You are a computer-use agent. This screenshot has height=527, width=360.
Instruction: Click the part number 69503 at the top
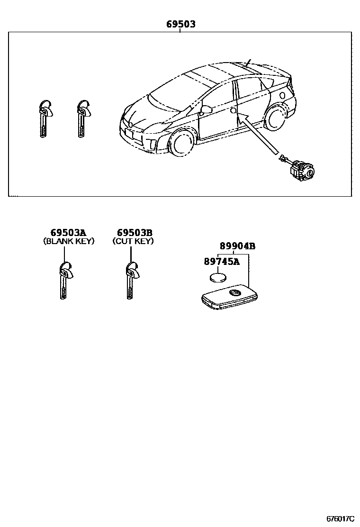[180, 24]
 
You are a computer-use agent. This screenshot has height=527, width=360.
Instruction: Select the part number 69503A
[69, 233]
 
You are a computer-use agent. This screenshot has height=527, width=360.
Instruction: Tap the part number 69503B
[135, 233]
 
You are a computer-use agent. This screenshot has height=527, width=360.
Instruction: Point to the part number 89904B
[237, 246]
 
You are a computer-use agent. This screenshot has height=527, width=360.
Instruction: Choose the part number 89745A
[222, 261]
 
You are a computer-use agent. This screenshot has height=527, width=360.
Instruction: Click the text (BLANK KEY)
[69, 241]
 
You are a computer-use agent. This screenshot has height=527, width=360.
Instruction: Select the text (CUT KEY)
[133, 241]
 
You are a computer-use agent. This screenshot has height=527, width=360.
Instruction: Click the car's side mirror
[207, 110]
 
